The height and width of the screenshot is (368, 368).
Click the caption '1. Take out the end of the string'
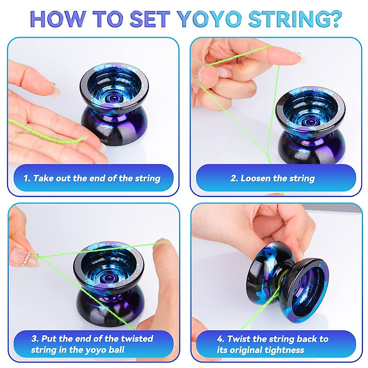point(92,178)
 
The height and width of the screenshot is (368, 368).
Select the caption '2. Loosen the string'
point(273,178)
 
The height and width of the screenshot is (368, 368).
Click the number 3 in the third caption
point(34,339)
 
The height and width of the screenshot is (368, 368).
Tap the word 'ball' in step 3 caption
point(117,350)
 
